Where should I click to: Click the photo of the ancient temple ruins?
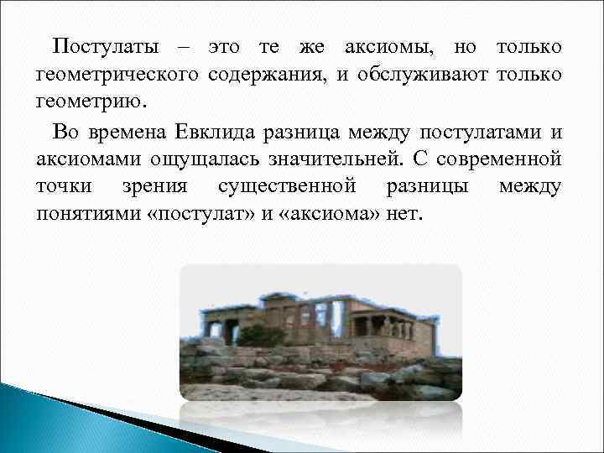pyautogui.click(x=320, y=332)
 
